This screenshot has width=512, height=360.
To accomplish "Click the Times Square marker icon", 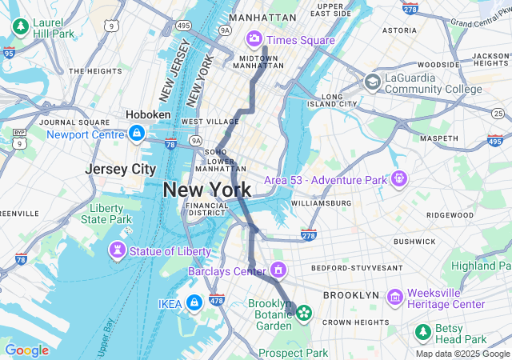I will click(x=254, y=38).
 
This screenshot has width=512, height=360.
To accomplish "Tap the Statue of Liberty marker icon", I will click(x=118, y=251).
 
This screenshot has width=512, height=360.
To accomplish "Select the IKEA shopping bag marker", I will click(x=194, y=303).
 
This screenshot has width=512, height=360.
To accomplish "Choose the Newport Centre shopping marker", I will click(x=137, y=133).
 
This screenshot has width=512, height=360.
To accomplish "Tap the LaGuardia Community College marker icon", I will click(x=372, y=82).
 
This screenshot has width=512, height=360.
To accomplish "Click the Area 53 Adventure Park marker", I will click(x=398, y=178).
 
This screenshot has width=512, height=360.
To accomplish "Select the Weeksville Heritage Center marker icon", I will click(x=394, y=298).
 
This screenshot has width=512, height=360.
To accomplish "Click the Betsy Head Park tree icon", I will click(x=423, y=330).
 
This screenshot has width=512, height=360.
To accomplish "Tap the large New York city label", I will click(x=207, y=190).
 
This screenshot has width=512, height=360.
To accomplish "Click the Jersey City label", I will click(x=121, y=170).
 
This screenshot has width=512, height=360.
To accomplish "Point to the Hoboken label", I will click(x=148, y=115).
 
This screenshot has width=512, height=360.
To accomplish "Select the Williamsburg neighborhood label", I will click(x=321, y=203).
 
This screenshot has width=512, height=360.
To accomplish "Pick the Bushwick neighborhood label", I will click(x=414, y=241).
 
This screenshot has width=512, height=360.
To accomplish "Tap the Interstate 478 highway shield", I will click(x=216, y=300).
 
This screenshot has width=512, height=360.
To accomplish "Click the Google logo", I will click(x=26, y=350).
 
